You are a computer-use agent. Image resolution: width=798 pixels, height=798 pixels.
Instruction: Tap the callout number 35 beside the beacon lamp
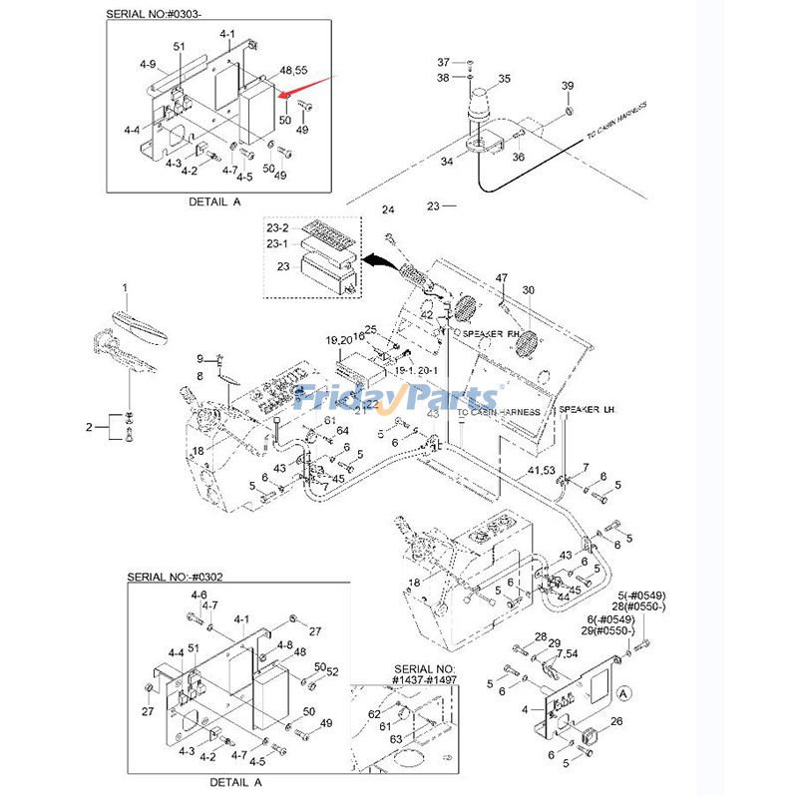(504, 79)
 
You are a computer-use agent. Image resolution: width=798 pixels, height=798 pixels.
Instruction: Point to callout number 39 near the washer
(568, 87)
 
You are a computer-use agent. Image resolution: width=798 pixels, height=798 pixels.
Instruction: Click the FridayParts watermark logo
(399, 398)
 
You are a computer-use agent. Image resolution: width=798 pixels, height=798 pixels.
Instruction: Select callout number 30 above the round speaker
(529, 291)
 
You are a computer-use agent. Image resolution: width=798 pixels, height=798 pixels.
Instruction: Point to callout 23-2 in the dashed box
(276, 227)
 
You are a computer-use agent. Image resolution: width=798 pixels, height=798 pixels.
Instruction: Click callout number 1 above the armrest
(126, 287)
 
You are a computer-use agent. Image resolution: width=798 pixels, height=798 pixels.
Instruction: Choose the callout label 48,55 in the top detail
(293, 71)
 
